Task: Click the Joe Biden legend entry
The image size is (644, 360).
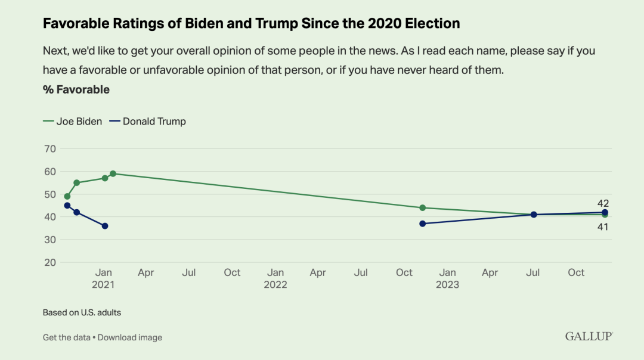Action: coord(73,122)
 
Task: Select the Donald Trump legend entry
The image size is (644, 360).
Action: coord(148,122)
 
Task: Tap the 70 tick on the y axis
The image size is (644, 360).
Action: coord(49,148)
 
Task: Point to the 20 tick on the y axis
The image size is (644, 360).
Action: coord(49,262)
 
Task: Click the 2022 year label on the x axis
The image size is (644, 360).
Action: coord(275,284)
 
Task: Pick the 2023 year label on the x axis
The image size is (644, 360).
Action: coord(447,284)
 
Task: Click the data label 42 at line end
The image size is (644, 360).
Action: coord(603,203)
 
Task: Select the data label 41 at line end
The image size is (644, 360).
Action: coord(603,226)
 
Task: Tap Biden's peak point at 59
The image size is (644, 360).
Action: coord(113,173)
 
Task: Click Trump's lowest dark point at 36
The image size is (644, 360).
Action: coord(105,226)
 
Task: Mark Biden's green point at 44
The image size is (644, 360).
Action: coord(422,207)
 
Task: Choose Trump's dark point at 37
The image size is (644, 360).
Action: coord(422,224)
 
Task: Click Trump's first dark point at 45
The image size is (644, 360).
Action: coord(67,206)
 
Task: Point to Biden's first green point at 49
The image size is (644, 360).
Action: coord(67,196)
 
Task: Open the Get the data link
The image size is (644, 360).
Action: coord(66,337)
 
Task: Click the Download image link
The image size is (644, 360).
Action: coord(130,337)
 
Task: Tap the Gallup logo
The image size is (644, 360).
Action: coord(589,337)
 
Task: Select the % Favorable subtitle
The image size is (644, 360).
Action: coord(76,90)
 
